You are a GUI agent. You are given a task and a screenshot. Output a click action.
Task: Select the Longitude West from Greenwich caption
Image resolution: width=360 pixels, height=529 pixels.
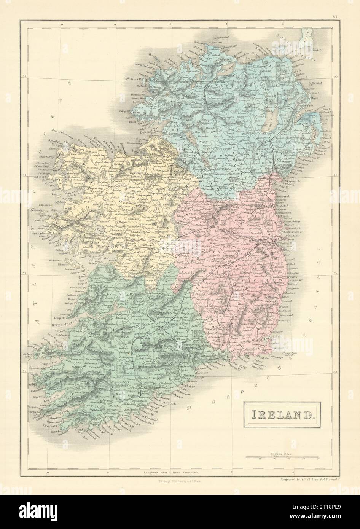(x=170, y=472)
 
